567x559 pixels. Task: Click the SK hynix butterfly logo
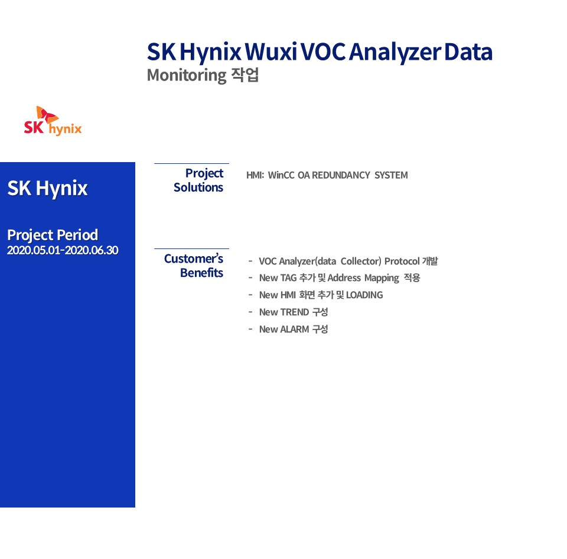click(53, 121)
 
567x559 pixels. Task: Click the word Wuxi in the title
click(271, 52)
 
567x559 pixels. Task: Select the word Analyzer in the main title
click(395, 53)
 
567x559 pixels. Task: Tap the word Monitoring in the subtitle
click(187, 75)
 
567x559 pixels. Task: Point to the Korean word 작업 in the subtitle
click(245, 75)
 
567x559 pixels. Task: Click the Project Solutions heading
click(198, 180)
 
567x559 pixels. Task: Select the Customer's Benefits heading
click(194, 266)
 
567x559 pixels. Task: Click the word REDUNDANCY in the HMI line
click(341, 175)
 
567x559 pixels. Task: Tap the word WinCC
click(281, 175)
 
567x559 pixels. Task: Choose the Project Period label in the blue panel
click(53, 235)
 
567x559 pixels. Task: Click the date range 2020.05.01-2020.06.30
click(63, 250)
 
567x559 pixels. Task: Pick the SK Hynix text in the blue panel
click(47, 188)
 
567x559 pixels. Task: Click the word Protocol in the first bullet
click(402, 261)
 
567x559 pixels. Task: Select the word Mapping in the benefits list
click(382, 278)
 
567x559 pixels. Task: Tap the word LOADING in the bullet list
click(364, 295)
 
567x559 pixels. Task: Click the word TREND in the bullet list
click(294, 312)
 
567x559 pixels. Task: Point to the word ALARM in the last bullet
click(294, 329)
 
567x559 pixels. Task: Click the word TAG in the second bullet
click(288, 278)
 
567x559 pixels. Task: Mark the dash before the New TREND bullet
click(250, 312)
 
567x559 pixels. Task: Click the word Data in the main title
click(468, 52)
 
